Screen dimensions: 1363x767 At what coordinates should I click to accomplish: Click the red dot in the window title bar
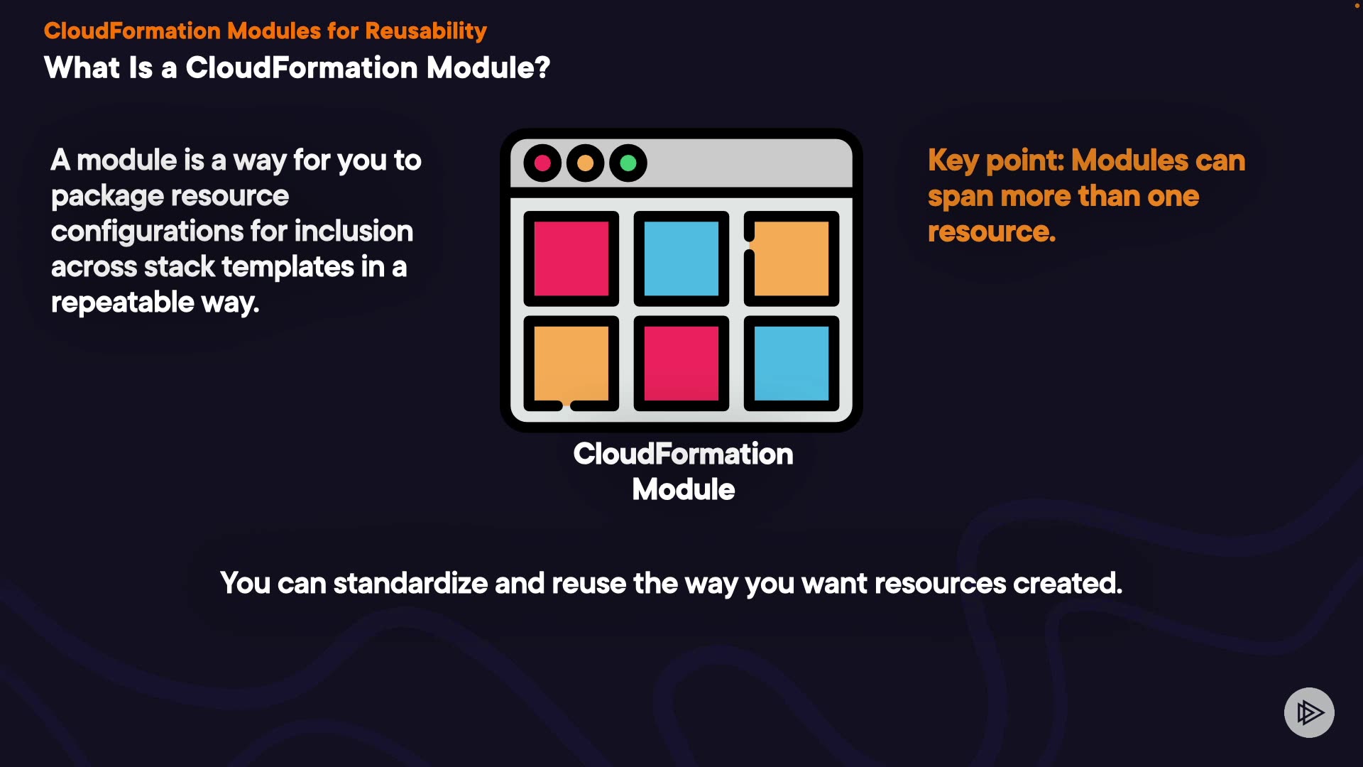pos(542,163)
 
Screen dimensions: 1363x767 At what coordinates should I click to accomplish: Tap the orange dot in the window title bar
pos(586,163)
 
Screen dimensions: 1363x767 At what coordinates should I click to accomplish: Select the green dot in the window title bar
pos(628,163)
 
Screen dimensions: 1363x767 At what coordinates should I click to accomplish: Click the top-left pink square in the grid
pos(571,259)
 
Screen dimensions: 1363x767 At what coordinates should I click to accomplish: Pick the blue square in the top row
pos(681,259)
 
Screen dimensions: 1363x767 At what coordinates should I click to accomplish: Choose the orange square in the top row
pos(792,259)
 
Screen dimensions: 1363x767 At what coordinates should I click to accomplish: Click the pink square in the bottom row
pos(681,364)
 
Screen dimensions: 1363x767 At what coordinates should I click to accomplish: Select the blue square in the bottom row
pos(792,364)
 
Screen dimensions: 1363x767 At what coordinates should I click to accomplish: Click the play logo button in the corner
pos(1309,712)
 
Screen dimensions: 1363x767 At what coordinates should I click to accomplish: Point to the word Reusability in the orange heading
pos(426,31)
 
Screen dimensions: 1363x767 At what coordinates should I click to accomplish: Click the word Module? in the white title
pos(488,68)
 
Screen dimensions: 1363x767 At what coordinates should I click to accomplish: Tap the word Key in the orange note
pos(953,161)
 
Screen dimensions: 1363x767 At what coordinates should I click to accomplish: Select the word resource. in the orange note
pos(992,232)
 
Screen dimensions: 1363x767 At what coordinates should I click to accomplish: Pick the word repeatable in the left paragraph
pos(123,303)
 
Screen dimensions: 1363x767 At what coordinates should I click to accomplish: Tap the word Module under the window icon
pos(684,490)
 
